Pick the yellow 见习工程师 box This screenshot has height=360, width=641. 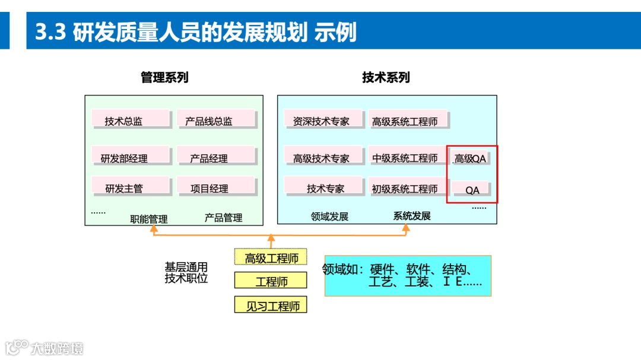point(271,305)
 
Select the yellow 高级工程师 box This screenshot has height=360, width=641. point(271,257)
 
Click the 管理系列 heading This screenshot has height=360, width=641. point(164,77)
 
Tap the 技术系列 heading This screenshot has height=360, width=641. point(386,77)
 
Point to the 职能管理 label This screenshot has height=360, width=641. point(149,219)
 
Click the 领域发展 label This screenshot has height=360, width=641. point(329,216)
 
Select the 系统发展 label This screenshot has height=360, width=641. point(412,216)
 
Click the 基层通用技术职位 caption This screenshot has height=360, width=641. point(186,272)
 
